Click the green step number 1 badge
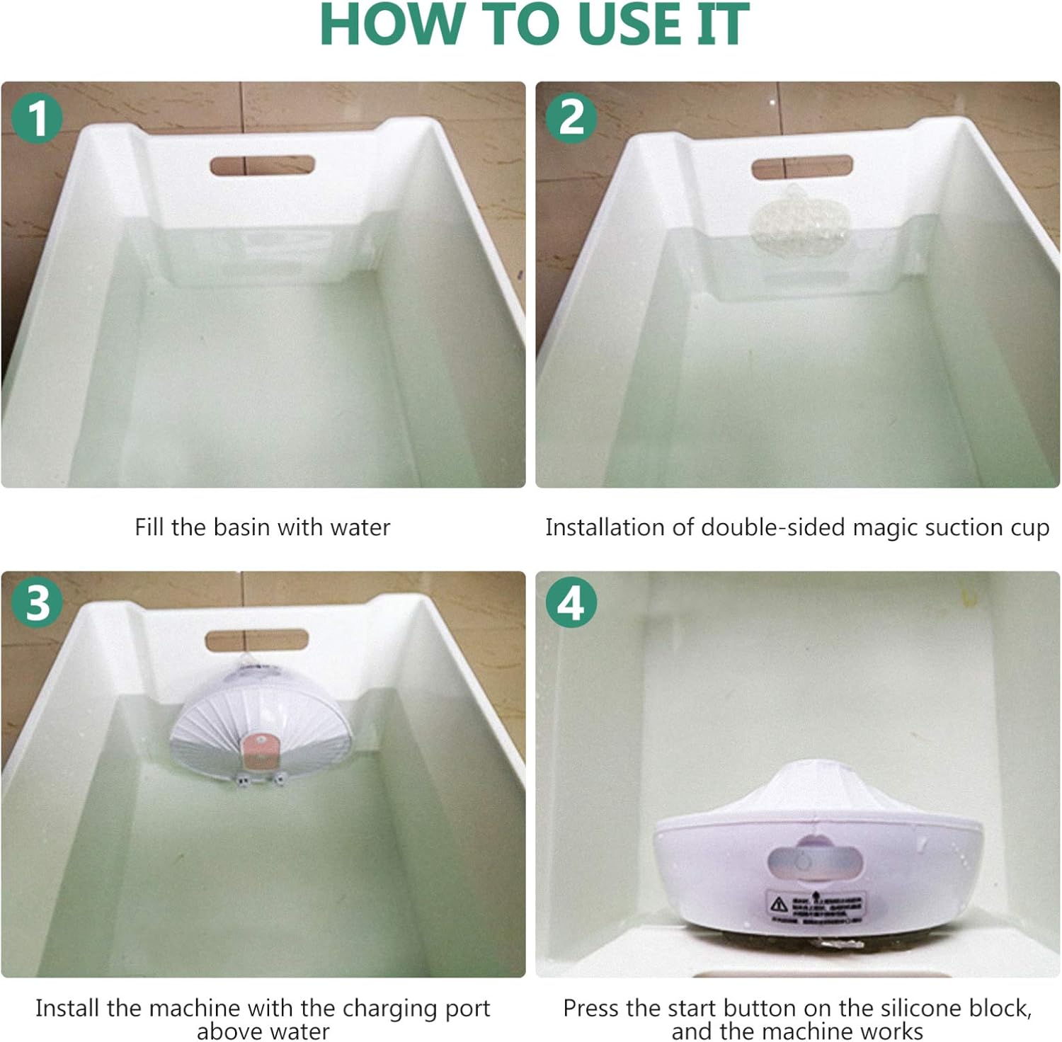[37, 118]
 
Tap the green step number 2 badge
[571, 118]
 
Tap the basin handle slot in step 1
[262, 166]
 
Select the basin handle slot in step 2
[801, 168]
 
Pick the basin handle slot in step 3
[257, 640]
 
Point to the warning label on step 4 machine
[816, 908]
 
